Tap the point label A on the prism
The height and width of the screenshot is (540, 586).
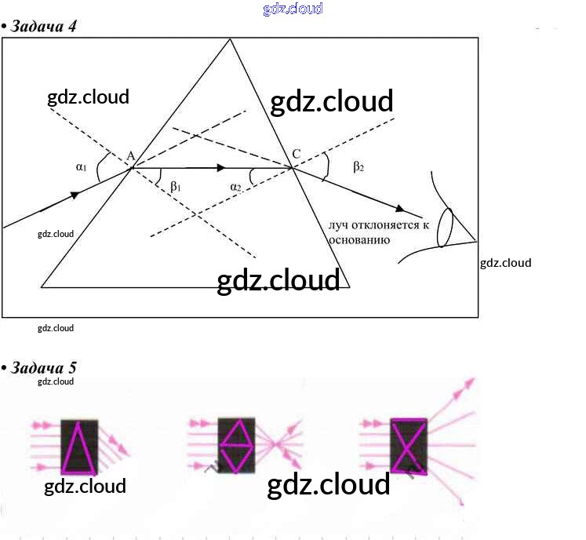(131, 155)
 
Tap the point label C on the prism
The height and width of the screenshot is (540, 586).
(296, 154)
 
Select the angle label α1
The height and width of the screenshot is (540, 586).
(81, 166)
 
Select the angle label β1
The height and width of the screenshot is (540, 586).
(176, 187)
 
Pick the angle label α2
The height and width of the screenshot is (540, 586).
(236, 187)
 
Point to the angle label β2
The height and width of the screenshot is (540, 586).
(358, 166)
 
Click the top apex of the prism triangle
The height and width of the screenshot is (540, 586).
(229, 39)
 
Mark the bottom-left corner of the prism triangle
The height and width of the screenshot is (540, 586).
(42, 287)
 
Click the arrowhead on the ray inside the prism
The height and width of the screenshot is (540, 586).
(221, 167)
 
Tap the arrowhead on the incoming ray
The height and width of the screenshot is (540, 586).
(75, 195)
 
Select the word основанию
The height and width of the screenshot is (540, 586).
(359, 240)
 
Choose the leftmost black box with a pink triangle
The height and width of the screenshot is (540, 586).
(79, 447)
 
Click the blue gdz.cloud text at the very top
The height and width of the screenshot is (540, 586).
(293, 9)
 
